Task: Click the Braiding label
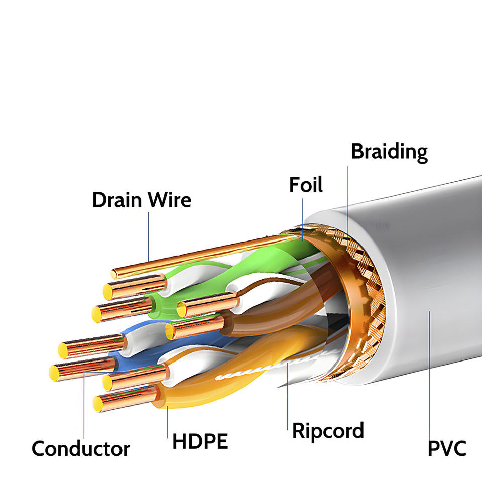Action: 389,152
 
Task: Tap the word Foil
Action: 306,185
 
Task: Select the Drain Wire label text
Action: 142,200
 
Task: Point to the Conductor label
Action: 80,449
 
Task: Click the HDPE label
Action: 200,441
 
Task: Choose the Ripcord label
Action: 328,431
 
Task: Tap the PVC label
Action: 447,449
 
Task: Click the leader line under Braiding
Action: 347,209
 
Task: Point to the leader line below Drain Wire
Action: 149,236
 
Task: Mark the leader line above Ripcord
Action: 288,396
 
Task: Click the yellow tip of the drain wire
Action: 114,274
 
